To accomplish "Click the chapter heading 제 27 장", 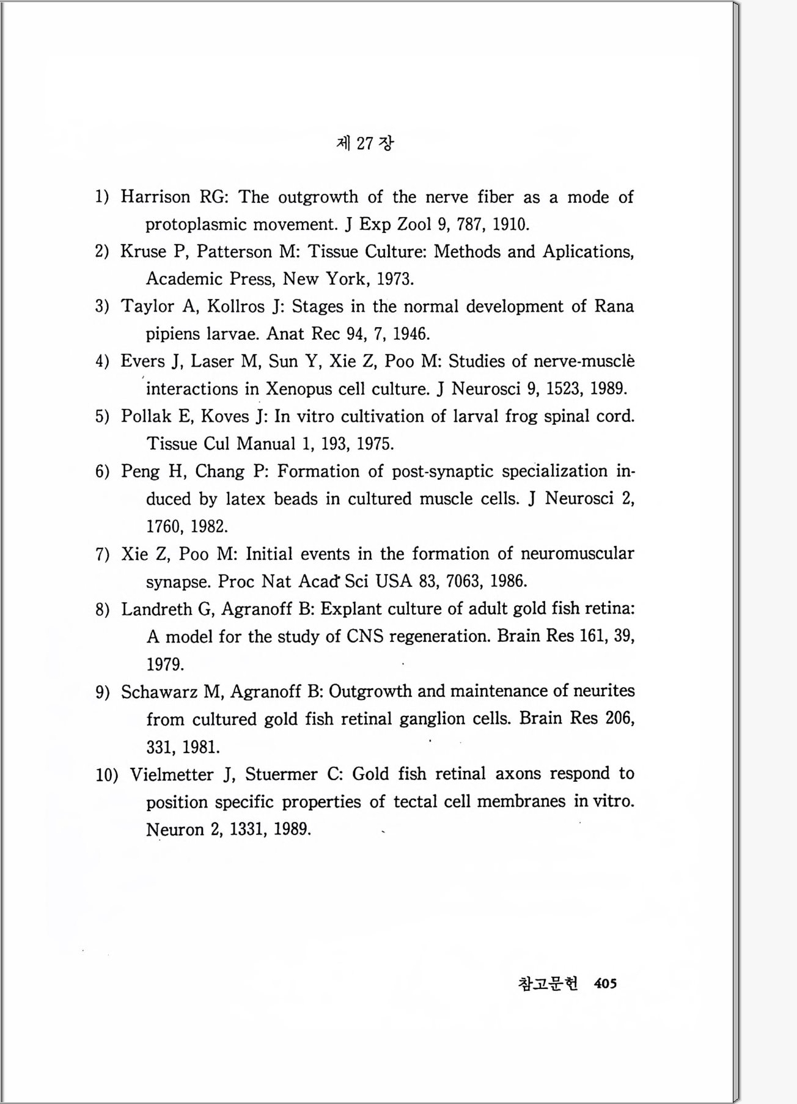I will tap(365, 143).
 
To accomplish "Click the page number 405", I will tap(605, 983).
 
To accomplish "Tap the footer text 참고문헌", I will tap(547, 983).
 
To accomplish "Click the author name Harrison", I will tap(155, 197).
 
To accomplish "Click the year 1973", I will tap(395, 279).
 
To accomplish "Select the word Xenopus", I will tap(299, 389).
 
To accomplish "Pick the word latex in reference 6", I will tap(245, 499).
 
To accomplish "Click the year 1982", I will tap(209, 526).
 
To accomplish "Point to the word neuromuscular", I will tap(577, 553).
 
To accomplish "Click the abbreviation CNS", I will tap(365, 636).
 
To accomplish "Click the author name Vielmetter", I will tap(172, 775).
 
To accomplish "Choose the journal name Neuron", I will tap(175, 830).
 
